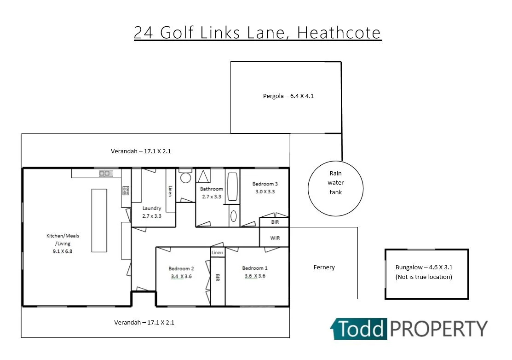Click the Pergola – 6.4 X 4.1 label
click(288, 97)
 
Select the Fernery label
click(324, 267)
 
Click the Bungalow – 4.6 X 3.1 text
click(424, 267)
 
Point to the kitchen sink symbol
click(106, 174)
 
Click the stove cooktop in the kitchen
click(126, 191)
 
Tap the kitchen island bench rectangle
click(99, 220)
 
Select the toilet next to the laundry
click(185, 177)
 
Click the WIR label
click(275, 238)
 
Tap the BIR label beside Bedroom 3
click(275, 222)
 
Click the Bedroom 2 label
click(181, 269)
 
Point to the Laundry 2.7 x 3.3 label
click(151, 212)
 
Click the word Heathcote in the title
click(339, 33)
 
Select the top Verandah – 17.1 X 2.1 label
click(141, 151)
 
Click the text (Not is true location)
click(424, 277)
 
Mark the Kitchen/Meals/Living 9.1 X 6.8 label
click(63, 243)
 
